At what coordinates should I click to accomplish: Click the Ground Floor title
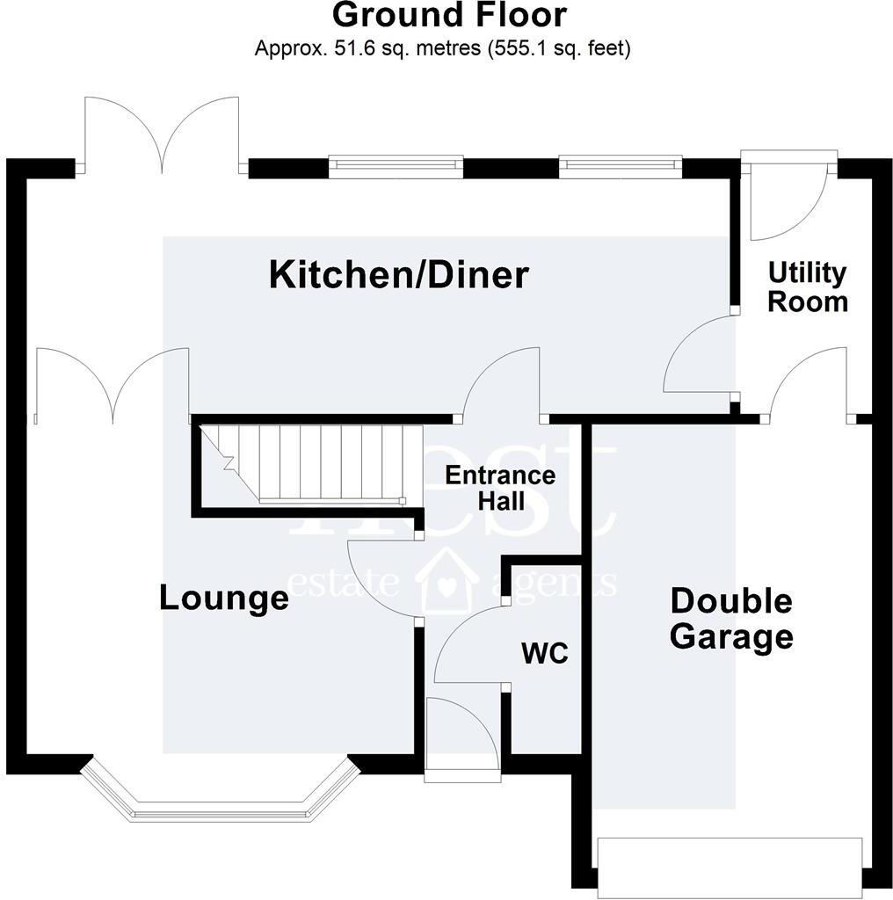(x=449, y=15)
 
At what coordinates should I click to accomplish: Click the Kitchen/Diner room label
(x=398, y=275)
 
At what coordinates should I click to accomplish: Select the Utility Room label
(x=807, y=287)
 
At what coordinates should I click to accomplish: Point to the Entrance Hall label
(x=499, y=488)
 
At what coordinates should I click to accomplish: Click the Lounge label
(x=223, y=599)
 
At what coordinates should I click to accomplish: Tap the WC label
(x=545, y=654)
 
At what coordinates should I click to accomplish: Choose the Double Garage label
(x=731, y=619)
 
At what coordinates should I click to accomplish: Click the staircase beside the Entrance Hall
(x=308, y=463)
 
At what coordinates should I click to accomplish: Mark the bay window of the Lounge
(x=220, y=795)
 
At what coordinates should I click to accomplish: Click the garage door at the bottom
(x=730, y=867)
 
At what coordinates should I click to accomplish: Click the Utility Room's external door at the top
(x=788, y=198)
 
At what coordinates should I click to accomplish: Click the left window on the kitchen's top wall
(x=396, y=166)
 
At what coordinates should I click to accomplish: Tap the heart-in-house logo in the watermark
(x=447, y=581)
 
